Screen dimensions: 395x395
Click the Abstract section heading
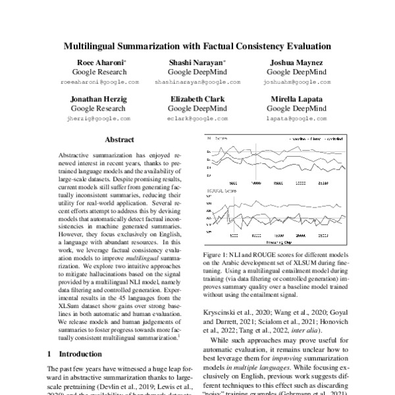tap(120, 140)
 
